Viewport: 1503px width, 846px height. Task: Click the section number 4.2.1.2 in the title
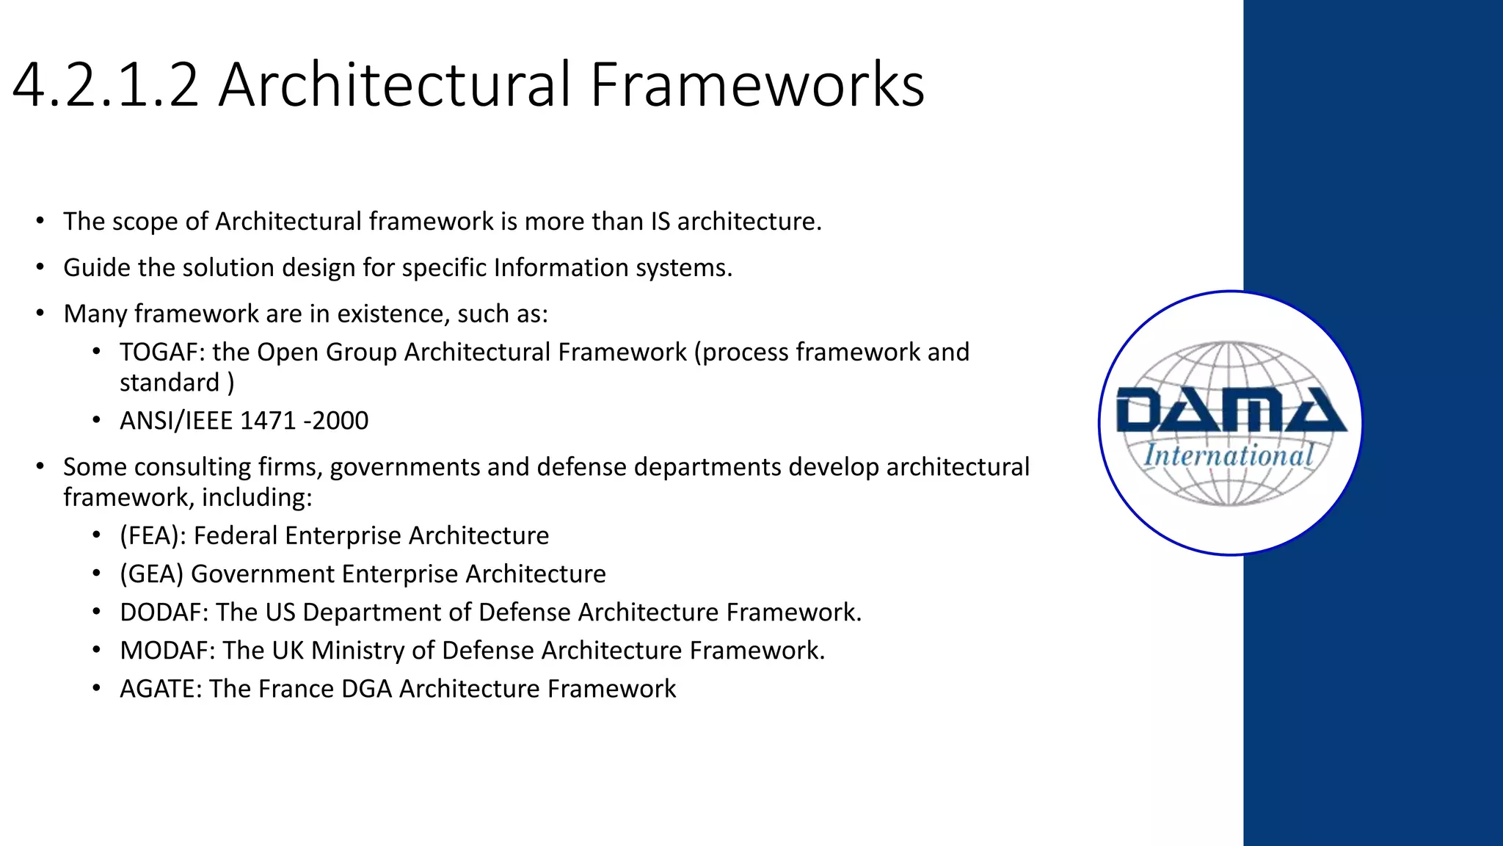106,85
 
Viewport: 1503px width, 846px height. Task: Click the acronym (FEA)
152,536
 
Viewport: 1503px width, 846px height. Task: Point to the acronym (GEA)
151,574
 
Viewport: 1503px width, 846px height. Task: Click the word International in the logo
1229,455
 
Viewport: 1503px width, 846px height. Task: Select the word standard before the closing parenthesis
170,383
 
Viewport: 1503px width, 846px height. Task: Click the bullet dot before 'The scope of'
40,220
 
